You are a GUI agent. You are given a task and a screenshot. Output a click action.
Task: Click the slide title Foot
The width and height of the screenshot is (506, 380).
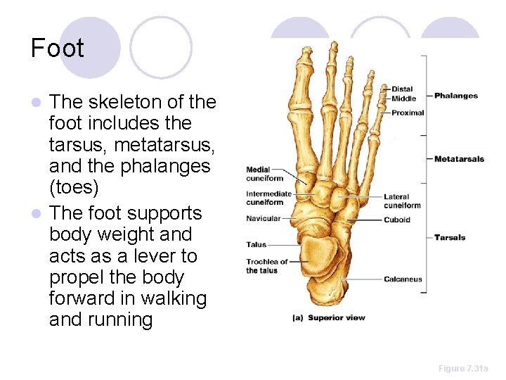(x=57, y=48)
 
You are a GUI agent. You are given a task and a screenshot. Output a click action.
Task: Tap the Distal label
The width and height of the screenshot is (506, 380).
(x=403, y=89)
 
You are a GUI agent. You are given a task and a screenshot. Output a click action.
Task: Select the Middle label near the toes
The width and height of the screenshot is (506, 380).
(x=403, y=99)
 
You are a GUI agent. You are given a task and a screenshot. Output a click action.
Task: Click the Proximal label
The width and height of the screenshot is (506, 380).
(x=408, y=113)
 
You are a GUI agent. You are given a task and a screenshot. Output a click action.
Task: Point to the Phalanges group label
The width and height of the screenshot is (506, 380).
(x=455, y=96)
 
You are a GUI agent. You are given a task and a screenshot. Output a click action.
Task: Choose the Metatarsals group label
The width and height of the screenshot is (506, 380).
(x=459, y=159)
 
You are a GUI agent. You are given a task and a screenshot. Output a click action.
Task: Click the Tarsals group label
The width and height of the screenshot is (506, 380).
(x=450, y=237)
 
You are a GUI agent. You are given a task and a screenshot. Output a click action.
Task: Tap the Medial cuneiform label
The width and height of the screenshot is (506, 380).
(x=264, y=173)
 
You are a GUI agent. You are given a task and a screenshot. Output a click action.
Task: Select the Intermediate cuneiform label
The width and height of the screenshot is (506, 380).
(x=268, y=198)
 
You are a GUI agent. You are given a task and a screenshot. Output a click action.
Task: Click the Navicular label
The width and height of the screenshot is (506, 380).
(x=263, y=219)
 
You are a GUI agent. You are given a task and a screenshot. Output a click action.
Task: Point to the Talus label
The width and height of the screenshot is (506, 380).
(x=257, y=245)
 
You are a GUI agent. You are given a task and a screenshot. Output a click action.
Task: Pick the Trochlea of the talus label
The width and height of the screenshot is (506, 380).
(x=266, y=266)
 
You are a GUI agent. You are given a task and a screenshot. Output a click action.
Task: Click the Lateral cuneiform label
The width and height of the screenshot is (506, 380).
(x=402, y=201)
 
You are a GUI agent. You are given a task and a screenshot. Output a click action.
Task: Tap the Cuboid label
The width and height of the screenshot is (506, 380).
(x=397, y=220)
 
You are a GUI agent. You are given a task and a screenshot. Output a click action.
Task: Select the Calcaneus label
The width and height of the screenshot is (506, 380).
(x=403, y=279)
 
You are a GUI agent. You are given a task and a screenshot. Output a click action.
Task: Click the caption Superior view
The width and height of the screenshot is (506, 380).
(x=337, y=317)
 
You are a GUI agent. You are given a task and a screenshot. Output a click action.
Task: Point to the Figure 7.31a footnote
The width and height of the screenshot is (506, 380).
(x=462, y=369)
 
